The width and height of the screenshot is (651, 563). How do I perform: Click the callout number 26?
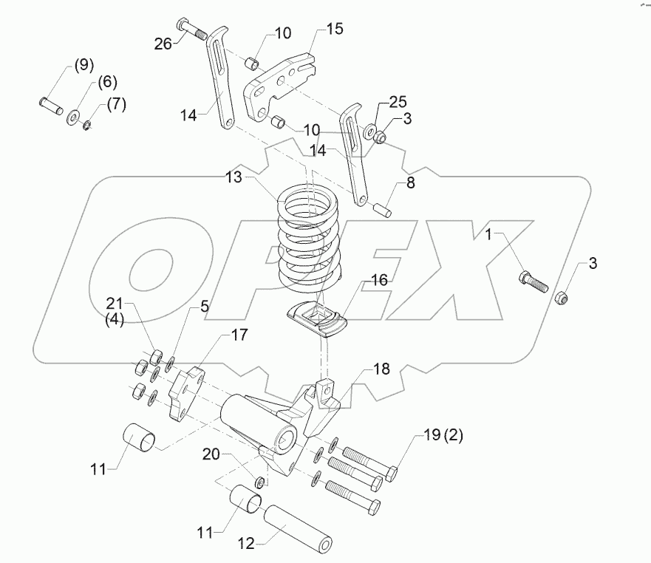pos(163,44)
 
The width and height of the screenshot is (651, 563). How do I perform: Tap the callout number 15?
pos(334,30)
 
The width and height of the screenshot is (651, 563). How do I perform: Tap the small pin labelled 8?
pos(382,209)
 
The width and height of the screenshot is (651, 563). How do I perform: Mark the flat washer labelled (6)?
pos(75,116)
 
